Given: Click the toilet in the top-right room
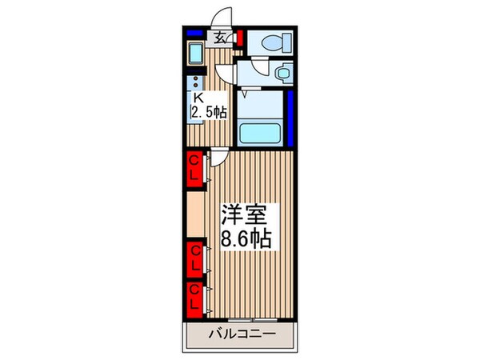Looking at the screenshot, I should click(x=263, y=43).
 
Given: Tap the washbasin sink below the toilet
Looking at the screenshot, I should click(x=282, y=74).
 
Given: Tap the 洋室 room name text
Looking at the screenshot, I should click(x=247, y=214).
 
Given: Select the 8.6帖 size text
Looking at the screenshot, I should click(x=247, y=238).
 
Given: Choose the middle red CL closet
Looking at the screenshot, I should click(x=195, y=258).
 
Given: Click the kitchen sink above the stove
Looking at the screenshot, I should click(x=196, y=55).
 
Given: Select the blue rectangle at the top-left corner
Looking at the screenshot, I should click(x=195, y=32).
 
